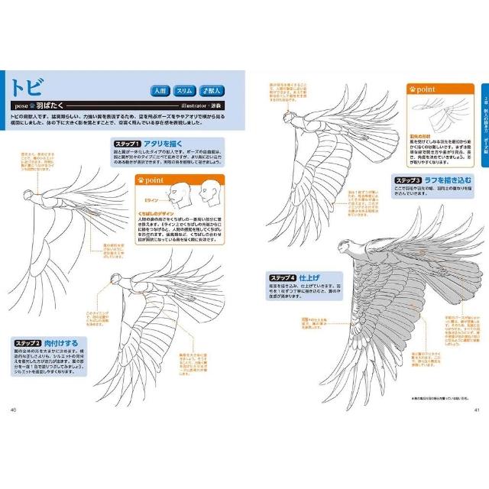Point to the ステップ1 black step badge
[x=126, y=144]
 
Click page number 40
[x=13, y=410]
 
